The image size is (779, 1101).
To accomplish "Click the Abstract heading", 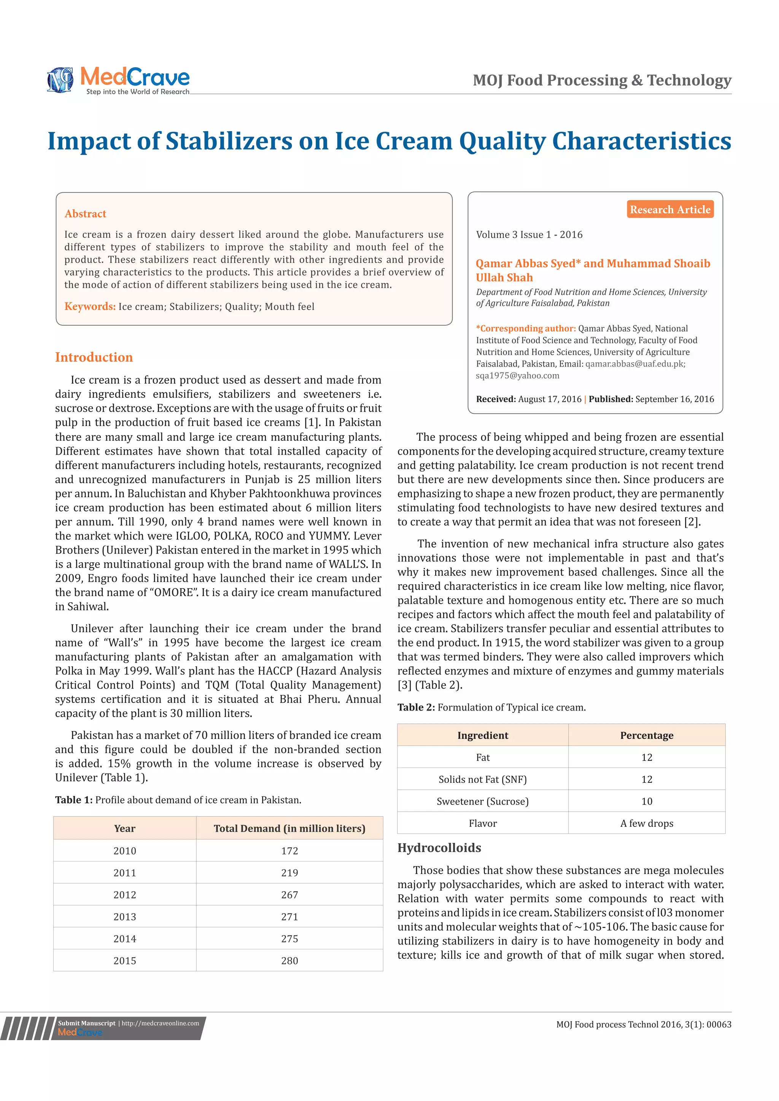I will coord(85,214).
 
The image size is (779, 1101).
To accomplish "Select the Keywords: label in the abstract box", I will coord(90,306).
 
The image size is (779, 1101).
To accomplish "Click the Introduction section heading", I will coord(94,357).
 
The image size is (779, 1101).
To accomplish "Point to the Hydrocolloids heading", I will coord(439,848).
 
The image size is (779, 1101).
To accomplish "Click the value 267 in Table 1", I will coord(289,895).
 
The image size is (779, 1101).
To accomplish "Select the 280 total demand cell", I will coord(289,960).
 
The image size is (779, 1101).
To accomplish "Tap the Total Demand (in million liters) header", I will coord(289,828).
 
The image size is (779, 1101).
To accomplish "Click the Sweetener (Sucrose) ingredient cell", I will coord(483,801).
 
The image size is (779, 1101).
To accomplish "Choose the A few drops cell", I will coord(647,823).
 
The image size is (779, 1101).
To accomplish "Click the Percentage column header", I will coord(647,736).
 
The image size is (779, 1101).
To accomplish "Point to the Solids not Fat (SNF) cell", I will coord(483,779).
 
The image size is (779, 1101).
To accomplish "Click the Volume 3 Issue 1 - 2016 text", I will coord(529,235).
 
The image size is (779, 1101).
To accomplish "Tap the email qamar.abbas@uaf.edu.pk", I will coord(634,364).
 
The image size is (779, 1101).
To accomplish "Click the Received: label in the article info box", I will coord(496,399).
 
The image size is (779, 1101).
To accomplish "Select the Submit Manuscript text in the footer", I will coord(87,1023).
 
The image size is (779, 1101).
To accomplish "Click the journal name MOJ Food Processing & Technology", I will coord(602,80).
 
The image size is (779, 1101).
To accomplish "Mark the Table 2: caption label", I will coord(416,707).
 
